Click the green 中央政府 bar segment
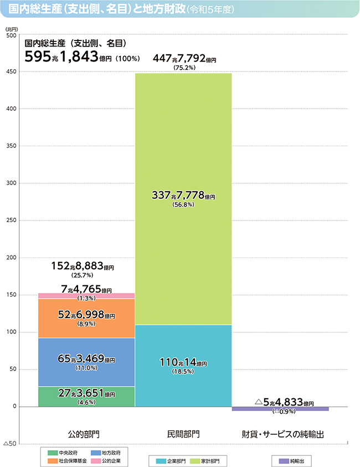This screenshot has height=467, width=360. [x=86, y=397]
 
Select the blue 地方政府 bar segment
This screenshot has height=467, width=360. [x=86, y=362]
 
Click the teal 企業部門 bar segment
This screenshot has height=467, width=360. [x=183, y=366]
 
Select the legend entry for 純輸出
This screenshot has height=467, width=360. [x=292, y=461]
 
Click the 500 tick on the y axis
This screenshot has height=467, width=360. [x=10, y=35]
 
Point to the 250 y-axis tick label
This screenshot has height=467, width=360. [x=10, y=220]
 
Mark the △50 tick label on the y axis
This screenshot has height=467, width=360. [x=10, y=444]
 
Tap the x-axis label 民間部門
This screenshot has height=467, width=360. [x=183, y=432]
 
